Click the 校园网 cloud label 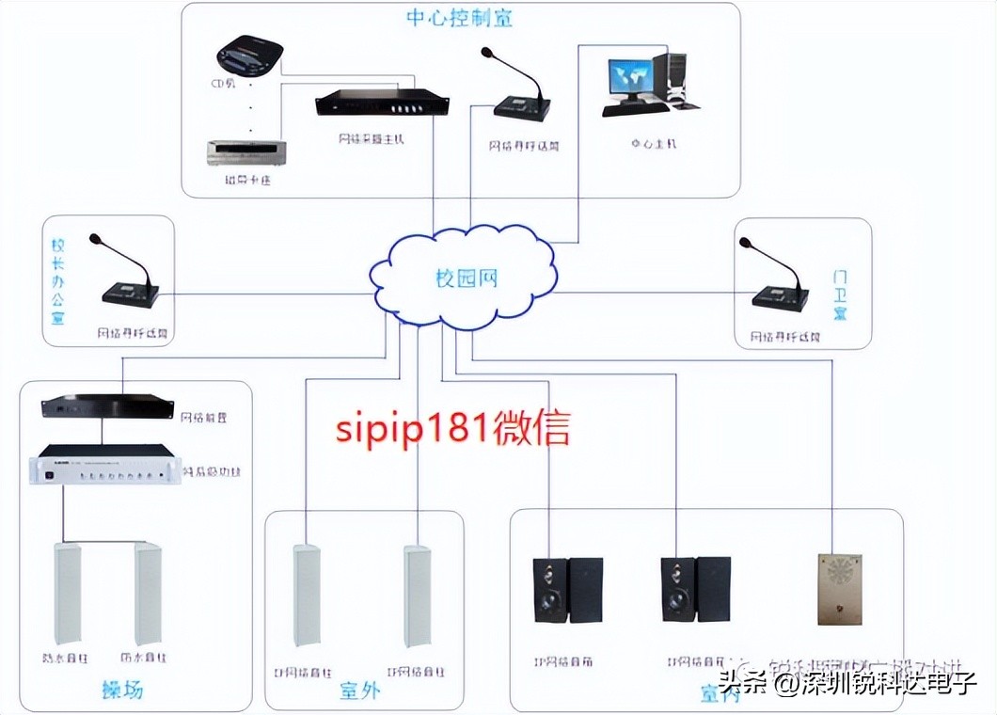466,278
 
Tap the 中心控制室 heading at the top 460,18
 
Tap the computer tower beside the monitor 676,78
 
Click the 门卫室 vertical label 840,294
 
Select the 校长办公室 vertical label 58,281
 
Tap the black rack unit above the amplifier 107,407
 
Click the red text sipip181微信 452,428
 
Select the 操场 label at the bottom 122,689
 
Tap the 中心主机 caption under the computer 654,144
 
